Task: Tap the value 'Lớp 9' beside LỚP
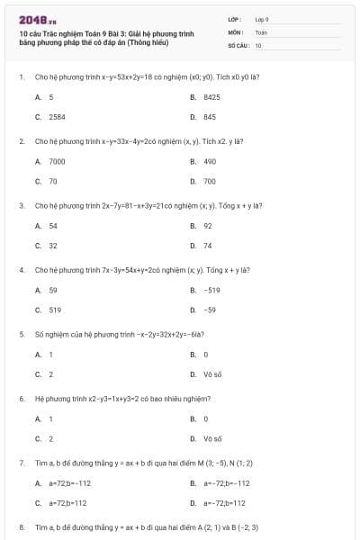(262, 19)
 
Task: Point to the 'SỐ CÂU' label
(238, 44)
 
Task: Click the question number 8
(21, 526)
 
